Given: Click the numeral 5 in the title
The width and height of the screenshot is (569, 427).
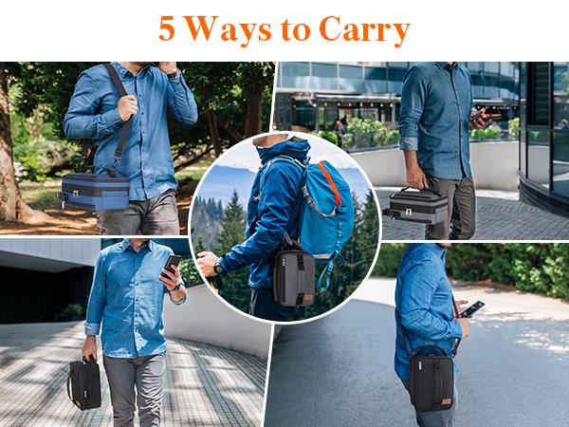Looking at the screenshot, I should click(167, 29).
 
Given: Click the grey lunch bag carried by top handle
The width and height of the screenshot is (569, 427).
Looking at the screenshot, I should click(418, 206).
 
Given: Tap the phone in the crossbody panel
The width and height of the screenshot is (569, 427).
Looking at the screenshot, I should click(471, 308).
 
